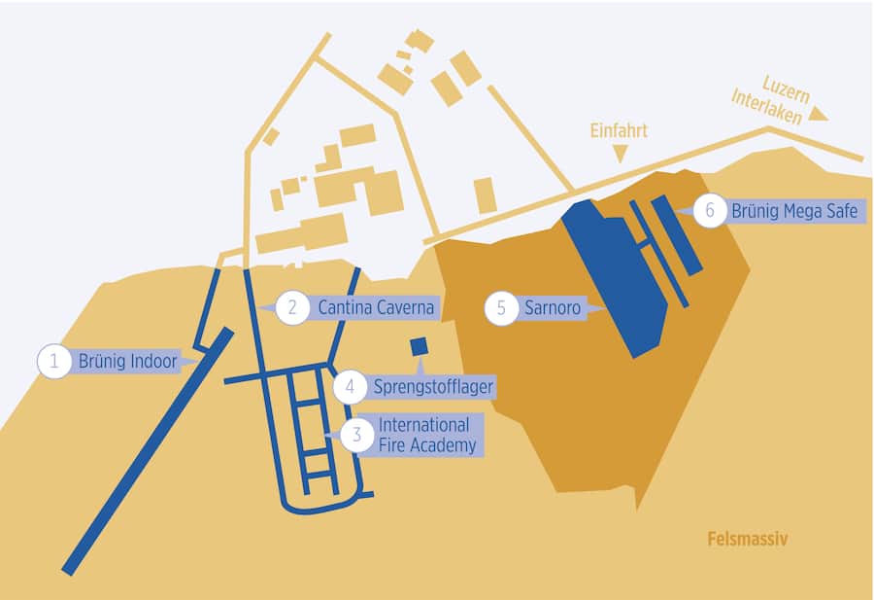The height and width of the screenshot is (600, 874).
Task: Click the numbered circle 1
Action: tap(54, 362)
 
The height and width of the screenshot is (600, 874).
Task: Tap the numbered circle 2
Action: tap(292, 308)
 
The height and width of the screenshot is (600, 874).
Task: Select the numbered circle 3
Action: tap(356, 435)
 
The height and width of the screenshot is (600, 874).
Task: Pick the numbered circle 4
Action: tap(350, 387)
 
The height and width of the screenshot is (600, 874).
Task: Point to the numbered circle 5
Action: tap(501, 309)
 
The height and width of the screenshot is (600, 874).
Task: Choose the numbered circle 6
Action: tap(710, 211)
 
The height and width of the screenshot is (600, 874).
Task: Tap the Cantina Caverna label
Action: tap(375, 308)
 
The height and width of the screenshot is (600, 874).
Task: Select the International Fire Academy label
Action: tap(424, 435)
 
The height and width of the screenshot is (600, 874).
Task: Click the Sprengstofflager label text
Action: tap(433, 387)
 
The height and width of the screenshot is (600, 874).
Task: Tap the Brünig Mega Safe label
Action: tap(794, 210)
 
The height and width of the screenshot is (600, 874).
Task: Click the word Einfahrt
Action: tap(619, 131)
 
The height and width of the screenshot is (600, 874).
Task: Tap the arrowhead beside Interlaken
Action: tap(820, 116)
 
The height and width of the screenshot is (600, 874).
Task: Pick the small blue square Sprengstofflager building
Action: tap(420, 347)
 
